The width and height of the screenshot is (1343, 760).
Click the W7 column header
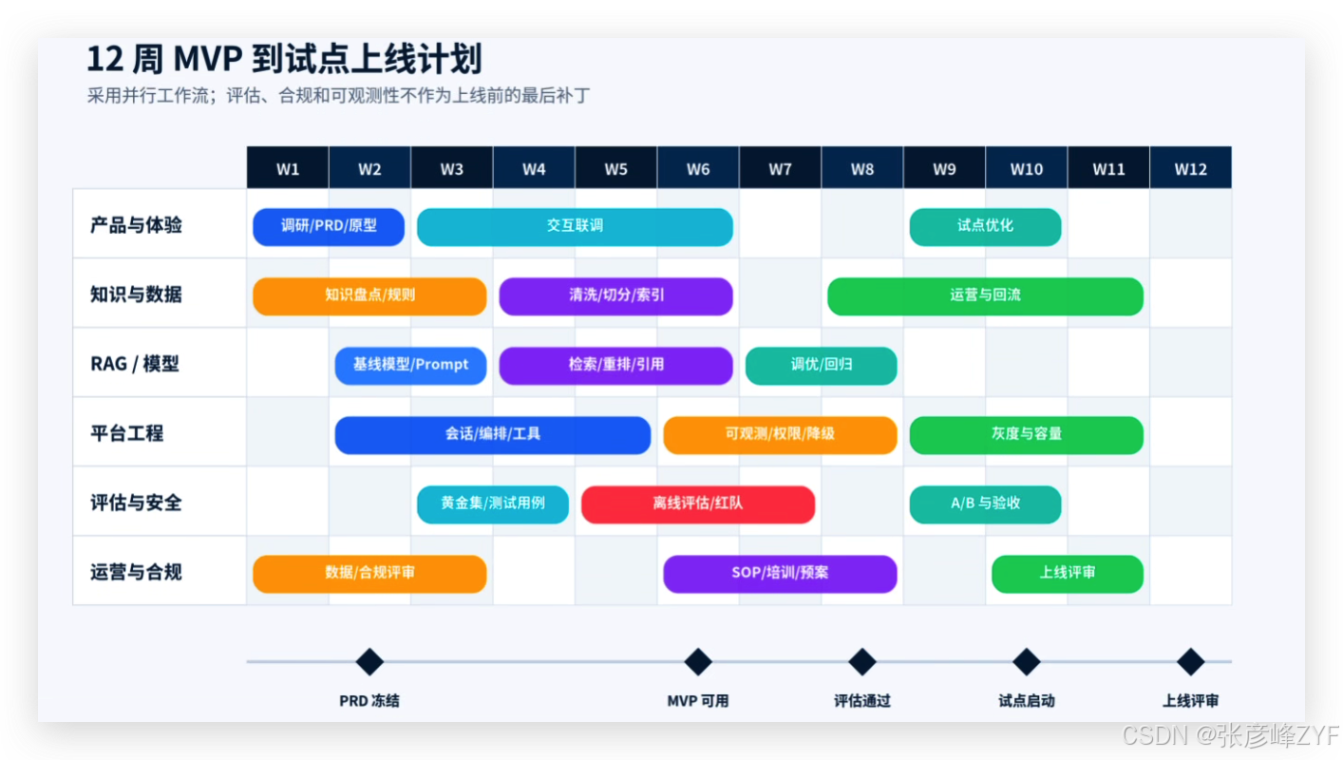[780, 168]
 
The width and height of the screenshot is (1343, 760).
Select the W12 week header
[1191, 168]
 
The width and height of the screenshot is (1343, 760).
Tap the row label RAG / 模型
[134, 364]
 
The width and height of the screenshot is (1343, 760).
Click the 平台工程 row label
[126, 433]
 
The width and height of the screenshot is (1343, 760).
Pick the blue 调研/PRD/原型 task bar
[329, 227]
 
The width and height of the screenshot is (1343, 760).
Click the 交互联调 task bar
[575, 227]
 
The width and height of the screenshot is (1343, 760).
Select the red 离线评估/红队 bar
[698, 504]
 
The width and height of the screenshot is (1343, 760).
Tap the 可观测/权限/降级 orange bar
[780, 435]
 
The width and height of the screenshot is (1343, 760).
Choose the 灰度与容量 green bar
[1027, 435]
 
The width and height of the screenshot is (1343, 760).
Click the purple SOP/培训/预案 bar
[780, 574]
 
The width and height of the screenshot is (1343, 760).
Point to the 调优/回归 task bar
[822, 366]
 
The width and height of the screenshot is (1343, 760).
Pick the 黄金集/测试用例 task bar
[493, 504]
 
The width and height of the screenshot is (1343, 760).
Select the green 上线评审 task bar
[1068, 574]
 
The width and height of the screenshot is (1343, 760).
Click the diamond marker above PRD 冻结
[369, 661]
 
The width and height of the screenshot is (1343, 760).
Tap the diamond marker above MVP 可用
[698, 661]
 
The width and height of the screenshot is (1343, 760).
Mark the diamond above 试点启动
[1027, 661]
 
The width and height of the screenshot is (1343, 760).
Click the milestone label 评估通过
[862, 700]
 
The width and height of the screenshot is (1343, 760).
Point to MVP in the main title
[208, 59]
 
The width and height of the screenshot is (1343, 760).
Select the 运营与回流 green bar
[986, 296]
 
